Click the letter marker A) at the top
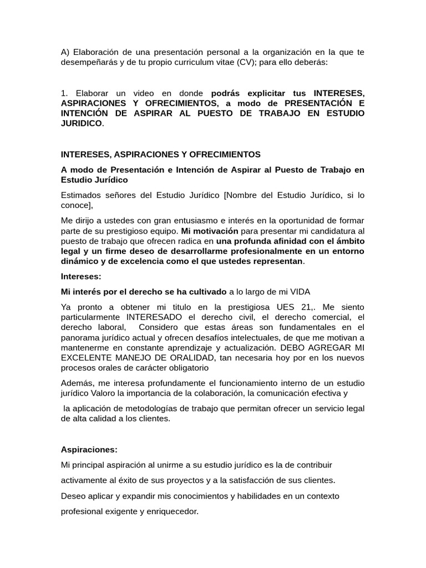click(65, 52)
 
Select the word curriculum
click(203, 62)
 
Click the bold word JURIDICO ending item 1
click(82, 123)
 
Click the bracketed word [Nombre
click(241, 195)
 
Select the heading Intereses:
click(81, 276)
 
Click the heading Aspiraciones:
click(89, 449)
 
